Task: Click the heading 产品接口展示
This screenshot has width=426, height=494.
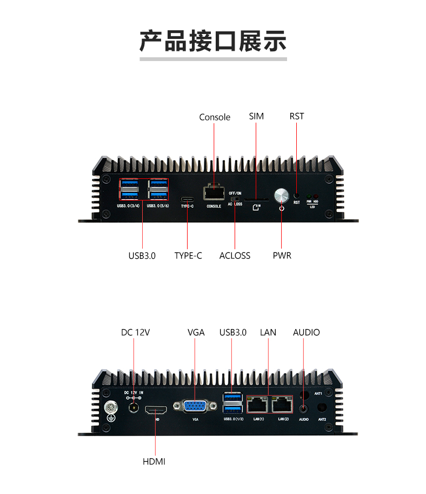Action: pyautogui.click(x=213, y=42)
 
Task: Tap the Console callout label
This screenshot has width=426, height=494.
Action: pyautogui.click(x=215, y=117)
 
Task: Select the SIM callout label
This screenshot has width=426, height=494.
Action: pyautogui.click(x=256, y=116)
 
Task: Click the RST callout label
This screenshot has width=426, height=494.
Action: pyautogui.click(x=297, y=116)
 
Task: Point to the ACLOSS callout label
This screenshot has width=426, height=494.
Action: pyautogui.click(x=235, y=256)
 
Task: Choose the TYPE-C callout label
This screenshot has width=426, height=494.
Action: pyautogui.click(x=188, y=256)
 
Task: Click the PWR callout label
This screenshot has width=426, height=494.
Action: pyautogui.click(x=282, y=256)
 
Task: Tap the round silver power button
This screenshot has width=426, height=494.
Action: pyautogui.click(x=282, y=195)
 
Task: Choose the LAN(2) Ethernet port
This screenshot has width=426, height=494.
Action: pyautogui.click(x=283, y=404)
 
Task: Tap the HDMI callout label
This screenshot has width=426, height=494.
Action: pyautogui.click(x=154, y=461)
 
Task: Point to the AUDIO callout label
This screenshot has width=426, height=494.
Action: pyautogui.click(x=306, y=332)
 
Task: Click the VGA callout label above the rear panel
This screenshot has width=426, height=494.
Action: pyautogui.click(x=196, y=332)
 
